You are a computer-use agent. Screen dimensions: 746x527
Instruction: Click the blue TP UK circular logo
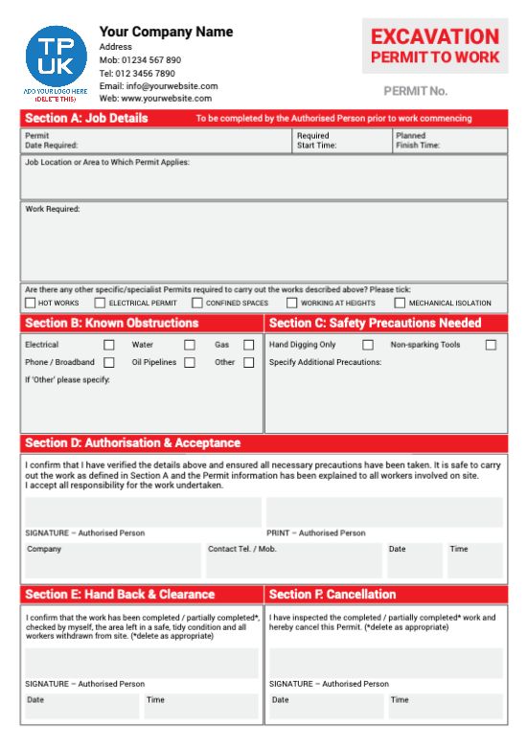pyautogui.click(x=56, y=56)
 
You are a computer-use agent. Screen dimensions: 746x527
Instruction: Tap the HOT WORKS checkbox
pyautogui.click(x=30, y=304)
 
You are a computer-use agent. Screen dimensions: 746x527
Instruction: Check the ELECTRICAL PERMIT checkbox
pyautogui.click(x=101, y=304)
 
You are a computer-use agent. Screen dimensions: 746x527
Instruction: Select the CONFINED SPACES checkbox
pyautogui.click(x=197, y=304)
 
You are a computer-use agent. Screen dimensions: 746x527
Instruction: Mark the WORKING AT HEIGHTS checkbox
pyautogui.click(x=291, y=304)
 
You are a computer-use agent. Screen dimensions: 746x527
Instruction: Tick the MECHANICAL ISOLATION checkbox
pyautogui.click(x=401, y=304)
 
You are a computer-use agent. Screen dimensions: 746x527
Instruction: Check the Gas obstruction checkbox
pyautogui.click(x=248, y=345)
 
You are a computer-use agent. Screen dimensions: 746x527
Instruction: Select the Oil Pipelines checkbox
pyautogui.click(x=190, y=363)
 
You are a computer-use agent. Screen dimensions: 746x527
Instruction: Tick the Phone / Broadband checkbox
pyautogui.click(x=109, y=363)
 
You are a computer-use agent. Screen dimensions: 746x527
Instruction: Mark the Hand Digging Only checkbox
pyautogui.click(x=368, y=345)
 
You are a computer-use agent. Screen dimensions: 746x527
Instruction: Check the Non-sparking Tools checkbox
pyautogui.click(x=491, y=345)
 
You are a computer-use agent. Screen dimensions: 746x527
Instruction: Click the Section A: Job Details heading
pyautogui.click(x=86, y=119)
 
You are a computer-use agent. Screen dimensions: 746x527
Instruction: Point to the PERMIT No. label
pyautogui.click(x=415, y=92)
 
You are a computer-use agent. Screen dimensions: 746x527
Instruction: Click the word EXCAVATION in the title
pyautogui.click(x=435, y=37)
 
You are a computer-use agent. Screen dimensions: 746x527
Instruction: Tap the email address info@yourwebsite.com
pyautogui.click(x=159, y=86)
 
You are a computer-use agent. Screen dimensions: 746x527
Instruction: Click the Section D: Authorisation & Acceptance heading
pyautogui.click(x=132, y=443)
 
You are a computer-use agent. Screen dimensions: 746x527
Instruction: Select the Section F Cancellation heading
pyautogui.click(x=332, y=595)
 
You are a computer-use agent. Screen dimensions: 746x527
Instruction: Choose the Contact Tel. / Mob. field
pyautogui.click(x=292, y=560)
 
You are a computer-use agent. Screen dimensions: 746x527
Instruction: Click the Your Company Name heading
pyautogui.click(x=166, y=32)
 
